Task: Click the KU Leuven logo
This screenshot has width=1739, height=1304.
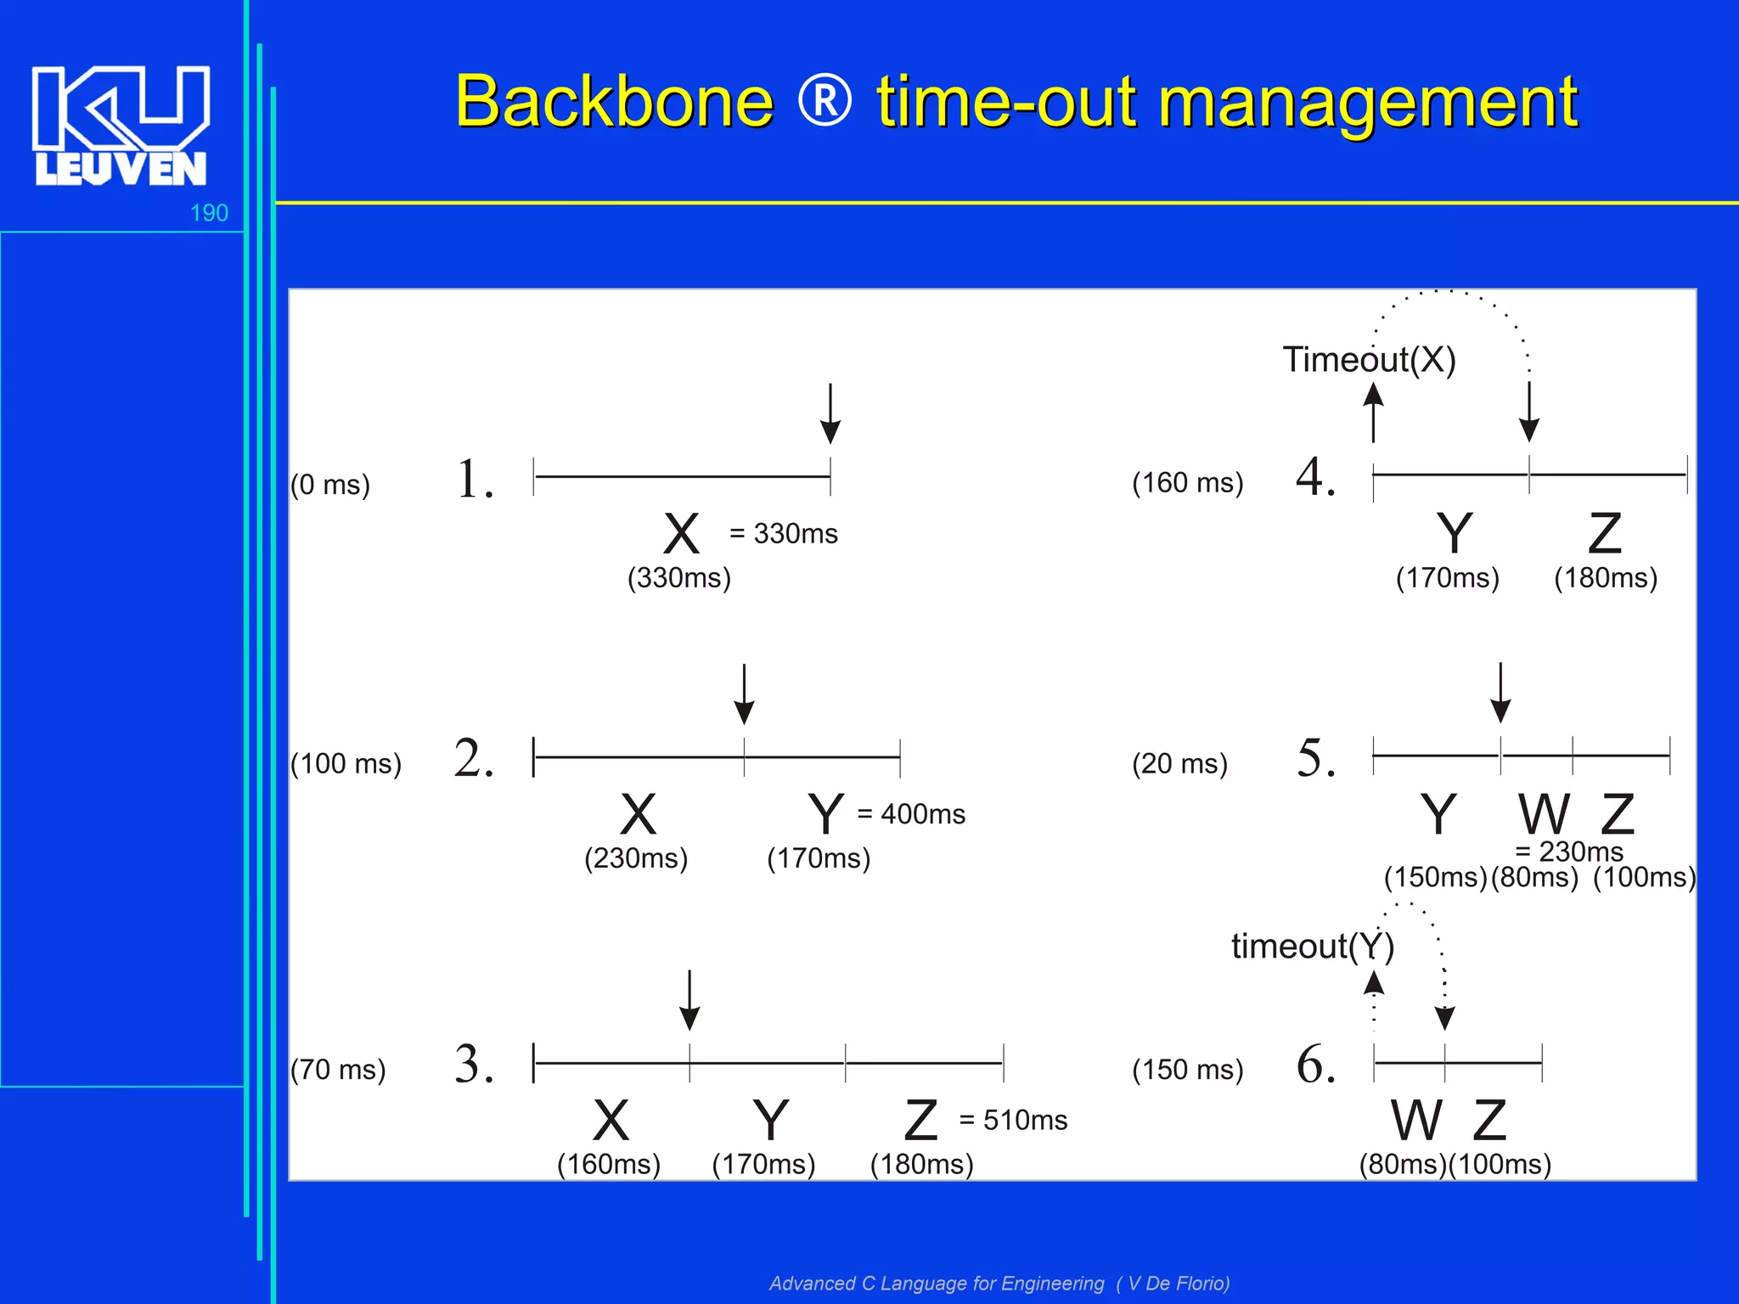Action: pyautogui.click(x=121, y=126)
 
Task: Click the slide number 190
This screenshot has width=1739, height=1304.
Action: pyautogui.click(x=209, y=213)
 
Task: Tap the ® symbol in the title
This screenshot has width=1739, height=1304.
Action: pyautogui.click(x=824, y=101)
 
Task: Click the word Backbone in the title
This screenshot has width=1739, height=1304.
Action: pyautogui.click(x=614, y=102)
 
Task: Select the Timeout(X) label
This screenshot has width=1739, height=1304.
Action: pyautogui.click(x=1369, y=360)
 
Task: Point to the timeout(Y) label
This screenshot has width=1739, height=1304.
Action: pyautogui.click(x=1313, y=947)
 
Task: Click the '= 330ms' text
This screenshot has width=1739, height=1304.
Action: pyautogui.click(x=783, y=534)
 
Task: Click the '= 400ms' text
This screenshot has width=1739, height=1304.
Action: pyautogui.click(x=911, y=814)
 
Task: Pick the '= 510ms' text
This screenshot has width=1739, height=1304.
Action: pyautogui.click(x=1013, y=1121)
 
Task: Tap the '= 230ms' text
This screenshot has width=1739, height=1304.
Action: pyautogui.click(x=1569, y=852)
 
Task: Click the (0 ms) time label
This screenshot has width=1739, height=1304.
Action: pyautogui.click(x=330, y=485)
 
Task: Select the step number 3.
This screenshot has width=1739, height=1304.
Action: pyautogui.click(x=474, y=1065)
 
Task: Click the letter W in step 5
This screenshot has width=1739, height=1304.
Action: pyautogui.click(x=1544, y=815)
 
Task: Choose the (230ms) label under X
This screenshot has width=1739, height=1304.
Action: pyautogui.click(x=636, y=858)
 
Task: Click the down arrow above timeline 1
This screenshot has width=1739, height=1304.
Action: pyautogui.click(x=830, y=413)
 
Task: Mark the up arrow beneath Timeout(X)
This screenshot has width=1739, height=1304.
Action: pyautogui.click(x=1373, y=413)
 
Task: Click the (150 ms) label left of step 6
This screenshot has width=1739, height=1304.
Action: pyautogui.click(x=1187, y=1070)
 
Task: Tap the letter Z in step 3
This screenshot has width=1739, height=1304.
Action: pyautogui.click(x=921, y=1121)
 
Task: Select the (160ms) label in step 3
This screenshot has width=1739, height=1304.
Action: pyautogui.click(x=609, y=1164)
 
